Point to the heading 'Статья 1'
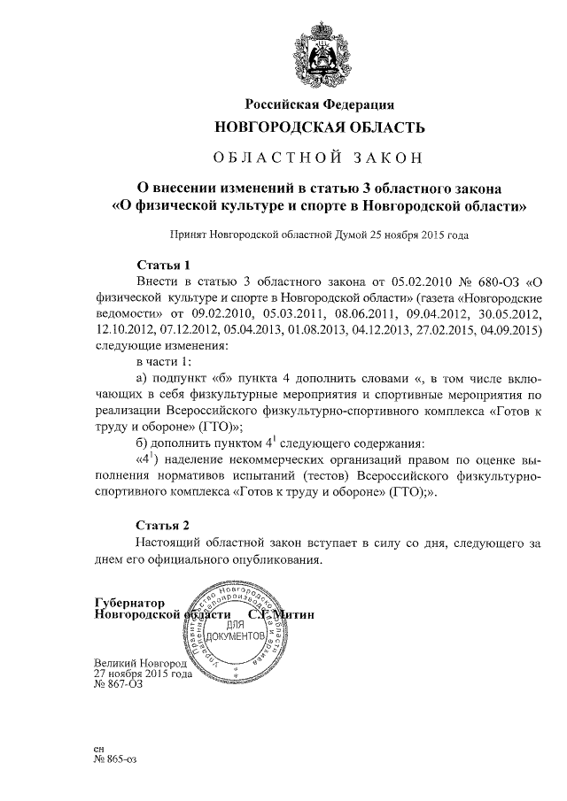[164, 265]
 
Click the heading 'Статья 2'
[164, 524]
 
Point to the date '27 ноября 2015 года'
[143, 674]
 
